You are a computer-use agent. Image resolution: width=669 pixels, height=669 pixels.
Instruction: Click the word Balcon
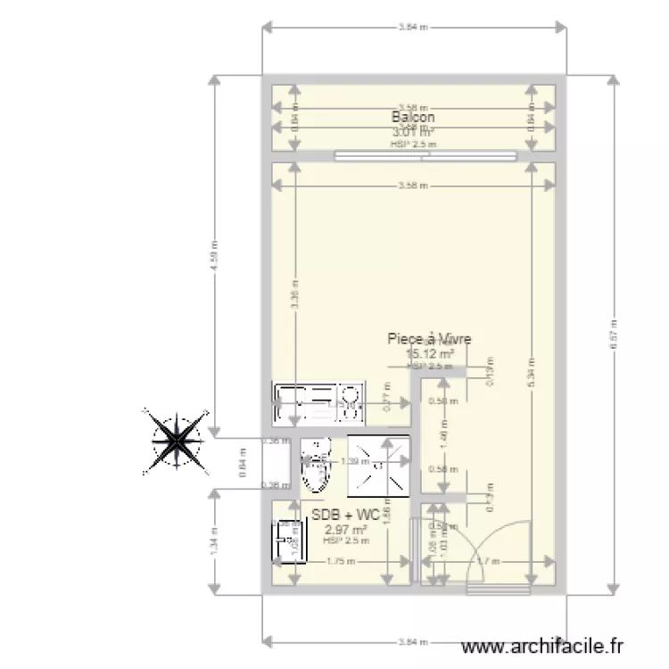click(x=413, y=117)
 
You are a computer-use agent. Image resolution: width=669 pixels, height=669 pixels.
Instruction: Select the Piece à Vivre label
click(x=429, y=339)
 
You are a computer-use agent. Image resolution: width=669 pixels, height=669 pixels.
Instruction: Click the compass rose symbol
click(x=176, y=438)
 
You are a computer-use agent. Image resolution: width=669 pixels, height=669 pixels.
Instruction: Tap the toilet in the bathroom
click(x=314, y=468)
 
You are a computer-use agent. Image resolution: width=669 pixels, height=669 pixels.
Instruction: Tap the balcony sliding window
click(x=426, y=156)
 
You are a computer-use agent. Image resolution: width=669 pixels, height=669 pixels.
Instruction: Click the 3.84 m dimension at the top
click(x=414, y=27)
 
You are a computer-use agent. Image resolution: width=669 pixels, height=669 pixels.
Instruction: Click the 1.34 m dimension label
click(x=214, y=539)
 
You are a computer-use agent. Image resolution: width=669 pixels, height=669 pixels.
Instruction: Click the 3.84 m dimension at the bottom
click(x=414, y=640)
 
